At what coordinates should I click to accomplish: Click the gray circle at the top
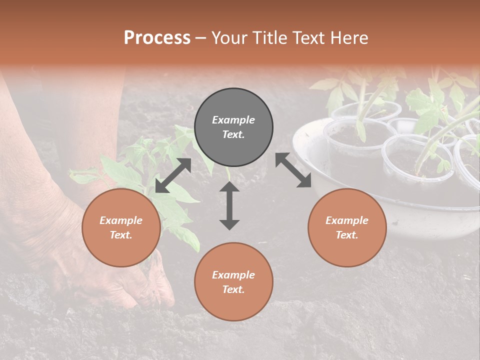click(233, 127)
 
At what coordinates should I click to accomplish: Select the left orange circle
click(121, 228)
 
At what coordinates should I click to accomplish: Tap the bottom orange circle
click(233, 282)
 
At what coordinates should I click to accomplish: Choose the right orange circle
click(346, 228)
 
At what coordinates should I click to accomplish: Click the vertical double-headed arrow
click(229, 205)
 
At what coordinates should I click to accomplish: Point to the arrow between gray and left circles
click(173, 175)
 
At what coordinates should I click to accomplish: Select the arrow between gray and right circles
click(293, 170)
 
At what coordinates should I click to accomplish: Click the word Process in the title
click(157, 37)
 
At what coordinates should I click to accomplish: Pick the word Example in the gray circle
click(233, 120)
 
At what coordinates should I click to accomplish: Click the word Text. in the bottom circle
click(233, 289)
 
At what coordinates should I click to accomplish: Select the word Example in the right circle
click(346, 220)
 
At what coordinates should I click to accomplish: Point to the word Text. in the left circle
click(121, 235)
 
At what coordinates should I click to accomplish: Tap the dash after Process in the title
click(201, 38)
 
